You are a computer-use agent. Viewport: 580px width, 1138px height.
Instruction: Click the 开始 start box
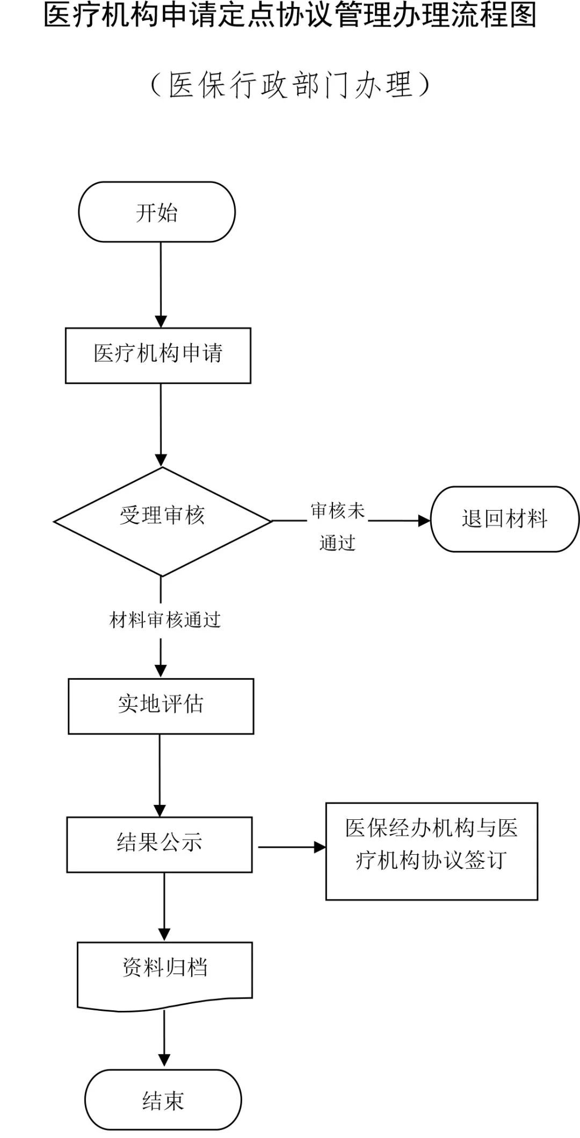pyautogui.click(x=157, y=212)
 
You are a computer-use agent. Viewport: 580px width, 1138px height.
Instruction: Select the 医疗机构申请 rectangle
pyautogui.click(x=158, y=355)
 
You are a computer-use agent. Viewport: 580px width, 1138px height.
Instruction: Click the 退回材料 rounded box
pyautogui.click(x=505, y=519)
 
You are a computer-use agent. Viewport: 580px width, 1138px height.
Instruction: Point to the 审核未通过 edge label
pyautogui.click(x=337, y=526)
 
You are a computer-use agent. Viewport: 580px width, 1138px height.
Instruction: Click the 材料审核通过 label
pyautogui.click(x=165, y=620)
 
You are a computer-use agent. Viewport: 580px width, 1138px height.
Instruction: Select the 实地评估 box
pyautogui.click(x=161, y=706)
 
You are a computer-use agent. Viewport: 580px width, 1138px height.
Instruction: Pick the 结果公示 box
pyautogui.click(x=160, y=844)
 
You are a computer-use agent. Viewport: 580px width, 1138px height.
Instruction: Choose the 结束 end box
pyautogui.click(x=163, y=1100)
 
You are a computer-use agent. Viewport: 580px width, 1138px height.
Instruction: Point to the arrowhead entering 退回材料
pyautogui.click(x=424, y=520)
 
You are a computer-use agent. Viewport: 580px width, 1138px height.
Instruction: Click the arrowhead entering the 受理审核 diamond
pyautogui.click(x=161, y=460)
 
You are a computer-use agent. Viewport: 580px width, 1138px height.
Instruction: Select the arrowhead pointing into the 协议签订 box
pyautogui.click(x=320, y=847)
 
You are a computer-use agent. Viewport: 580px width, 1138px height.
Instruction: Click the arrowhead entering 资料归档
pyautogui.click(x=164, y=934)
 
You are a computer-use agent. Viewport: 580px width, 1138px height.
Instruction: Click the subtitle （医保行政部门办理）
pyautogui.click(x=291, y=85)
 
